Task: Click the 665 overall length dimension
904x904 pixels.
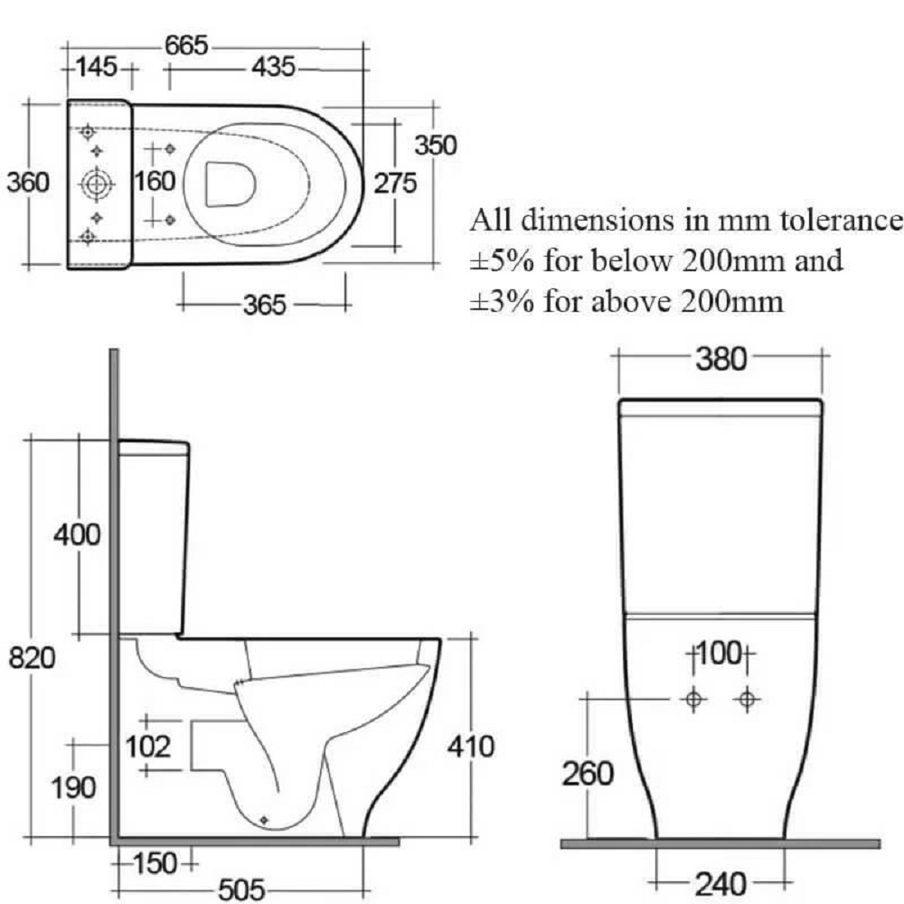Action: [x=187, y=44]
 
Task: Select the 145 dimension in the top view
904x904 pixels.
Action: [x=98, y=67]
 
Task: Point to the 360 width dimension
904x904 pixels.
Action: [x=28, y=182]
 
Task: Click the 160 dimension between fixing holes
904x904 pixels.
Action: [x=155, y=182]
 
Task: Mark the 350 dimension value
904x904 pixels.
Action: [x=436, y=146]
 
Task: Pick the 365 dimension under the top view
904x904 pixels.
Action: [x=264, y=305]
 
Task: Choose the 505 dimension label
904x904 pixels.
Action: [x=241, y=890]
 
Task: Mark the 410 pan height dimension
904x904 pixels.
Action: [x=471, y=747]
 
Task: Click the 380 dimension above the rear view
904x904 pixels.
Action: [x=721, y=359]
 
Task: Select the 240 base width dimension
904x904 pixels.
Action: [x=721, y=883]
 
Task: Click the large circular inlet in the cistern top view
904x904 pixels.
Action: [x=96, y=184]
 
